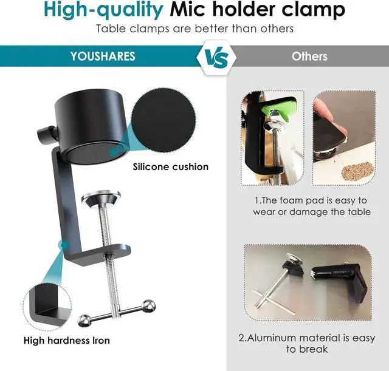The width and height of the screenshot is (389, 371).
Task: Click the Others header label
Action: pyautogui.click(x=309, y=56)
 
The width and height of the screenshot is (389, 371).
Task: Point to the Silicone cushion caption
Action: pyautogui.click(x=170, y=166)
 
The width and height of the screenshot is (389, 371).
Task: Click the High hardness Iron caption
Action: pyautogui.click(x=66, y=341)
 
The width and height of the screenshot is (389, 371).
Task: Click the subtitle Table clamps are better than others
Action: pyautogui.click(x=194, y=29)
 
